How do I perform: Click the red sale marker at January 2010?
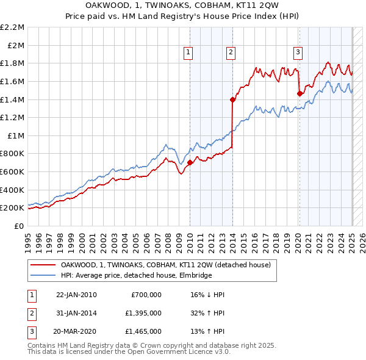190,162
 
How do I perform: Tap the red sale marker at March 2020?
300,93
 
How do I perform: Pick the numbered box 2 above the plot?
231,53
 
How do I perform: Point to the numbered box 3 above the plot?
298,53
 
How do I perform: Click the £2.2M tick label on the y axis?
13,27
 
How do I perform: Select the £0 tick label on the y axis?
20,226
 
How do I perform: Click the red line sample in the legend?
43,265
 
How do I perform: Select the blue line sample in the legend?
43,275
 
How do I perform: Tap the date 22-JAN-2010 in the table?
76,294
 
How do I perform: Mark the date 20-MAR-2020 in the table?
76,331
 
